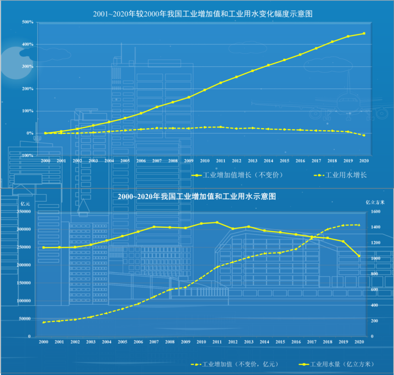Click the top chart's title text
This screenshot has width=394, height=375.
pyautogui.click(x=203, y=14)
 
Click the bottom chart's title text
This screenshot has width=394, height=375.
pyautogui.click(x=197, y=196)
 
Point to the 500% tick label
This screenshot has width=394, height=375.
pyautogui.click(x=28, y=22)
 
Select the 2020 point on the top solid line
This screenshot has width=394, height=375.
pyautogui.click(x=364, y=34)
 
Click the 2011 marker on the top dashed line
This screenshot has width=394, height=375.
pyautogui.click(x=220, y=127)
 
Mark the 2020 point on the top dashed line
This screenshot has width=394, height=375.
pyautogui.click(x=364, y=135)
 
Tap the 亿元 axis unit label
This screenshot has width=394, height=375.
pyautogui.click(x=25, y=203)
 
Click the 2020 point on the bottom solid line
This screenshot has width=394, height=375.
pyautogui.click(x=359, y=256)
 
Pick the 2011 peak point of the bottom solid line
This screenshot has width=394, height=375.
pyautogui.click(x=217, y=222)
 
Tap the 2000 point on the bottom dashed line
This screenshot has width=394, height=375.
pyautogui.click(x=43, y=322)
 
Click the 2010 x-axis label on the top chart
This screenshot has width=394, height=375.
pyautogui.click(x=205, y=161)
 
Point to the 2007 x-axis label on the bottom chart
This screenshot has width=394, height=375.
pyautogui.click(x=154, y=342)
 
